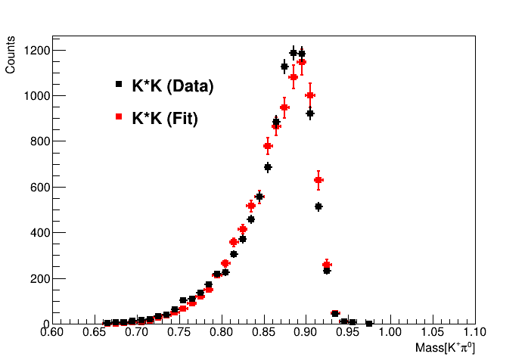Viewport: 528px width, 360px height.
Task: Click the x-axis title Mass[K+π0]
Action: (x=445, y=348)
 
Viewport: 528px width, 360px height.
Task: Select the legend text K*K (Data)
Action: (x=172, y=86)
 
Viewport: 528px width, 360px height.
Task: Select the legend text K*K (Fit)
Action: (x=164, y=119)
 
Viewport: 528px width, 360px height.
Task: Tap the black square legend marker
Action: (x=118, y=84)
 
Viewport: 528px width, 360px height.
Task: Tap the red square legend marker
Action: (x=118, y=116)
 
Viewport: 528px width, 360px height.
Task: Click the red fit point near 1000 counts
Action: (x=310, y=95)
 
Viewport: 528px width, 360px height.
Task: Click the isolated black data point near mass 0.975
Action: (x=369, y=323)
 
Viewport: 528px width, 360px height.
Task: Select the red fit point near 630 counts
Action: (x=318, y=180)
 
